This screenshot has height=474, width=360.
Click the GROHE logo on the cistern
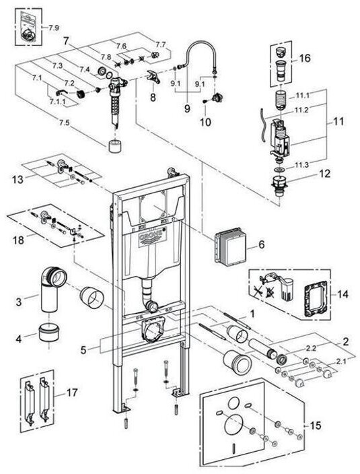153,237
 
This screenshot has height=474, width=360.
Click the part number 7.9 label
54,28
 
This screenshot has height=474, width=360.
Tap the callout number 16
305,58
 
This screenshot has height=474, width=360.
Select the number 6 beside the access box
261,244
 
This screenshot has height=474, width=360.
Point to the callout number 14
343,294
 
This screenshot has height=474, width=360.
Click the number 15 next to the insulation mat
315,426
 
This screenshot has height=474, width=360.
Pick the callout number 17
71,393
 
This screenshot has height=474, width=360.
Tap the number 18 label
18,240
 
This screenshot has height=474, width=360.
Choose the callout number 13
17,180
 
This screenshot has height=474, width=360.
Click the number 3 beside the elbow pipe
19,302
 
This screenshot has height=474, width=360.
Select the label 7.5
64,123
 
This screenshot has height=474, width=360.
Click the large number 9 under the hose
187,108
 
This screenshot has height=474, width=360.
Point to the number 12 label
324,174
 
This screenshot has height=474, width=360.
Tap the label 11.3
302,165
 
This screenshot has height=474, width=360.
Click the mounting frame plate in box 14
316,298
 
